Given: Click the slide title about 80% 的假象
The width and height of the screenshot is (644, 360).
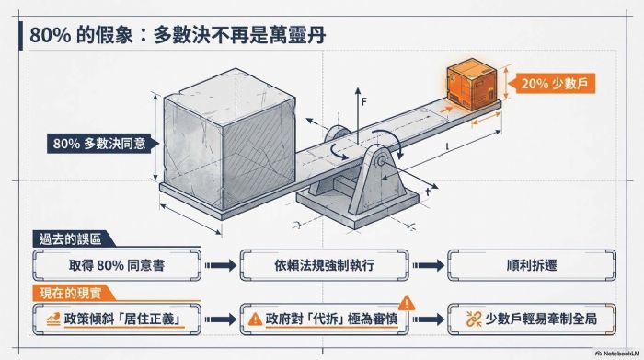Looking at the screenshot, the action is click(x=178, y=34).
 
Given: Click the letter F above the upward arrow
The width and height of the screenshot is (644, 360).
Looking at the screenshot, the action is click(x=363, y=101).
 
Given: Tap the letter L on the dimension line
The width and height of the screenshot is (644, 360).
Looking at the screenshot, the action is click(x=447, y=146).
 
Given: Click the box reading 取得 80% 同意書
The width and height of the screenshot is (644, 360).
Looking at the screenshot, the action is click(x=117, y=265).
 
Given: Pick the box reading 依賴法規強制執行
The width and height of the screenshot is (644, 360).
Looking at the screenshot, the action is click(x=324, y=265).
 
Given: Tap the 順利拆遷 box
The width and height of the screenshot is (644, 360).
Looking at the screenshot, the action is click(x=532, y=265).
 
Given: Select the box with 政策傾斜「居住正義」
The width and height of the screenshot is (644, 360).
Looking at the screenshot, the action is click(x=117, y=319).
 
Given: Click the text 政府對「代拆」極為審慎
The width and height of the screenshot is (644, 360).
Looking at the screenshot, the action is click(x=332, y=319).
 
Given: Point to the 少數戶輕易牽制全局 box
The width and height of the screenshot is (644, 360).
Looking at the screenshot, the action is click(x=532, y=319).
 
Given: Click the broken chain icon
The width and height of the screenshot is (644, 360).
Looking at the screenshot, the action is click(x=474, y=319).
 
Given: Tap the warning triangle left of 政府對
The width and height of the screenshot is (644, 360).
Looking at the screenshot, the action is click(x=255, y=319).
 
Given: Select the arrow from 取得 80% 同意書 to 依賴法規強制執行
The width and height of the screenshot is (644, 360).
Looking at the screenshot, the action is click(x=221, y=265).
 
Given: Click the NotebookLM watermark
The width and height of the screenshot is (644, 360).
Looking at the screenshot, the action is click(x=616, y=354).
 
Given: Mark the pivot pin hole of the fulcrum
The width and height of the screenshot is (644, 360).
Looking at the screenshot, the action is click(x=381, y=161).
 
